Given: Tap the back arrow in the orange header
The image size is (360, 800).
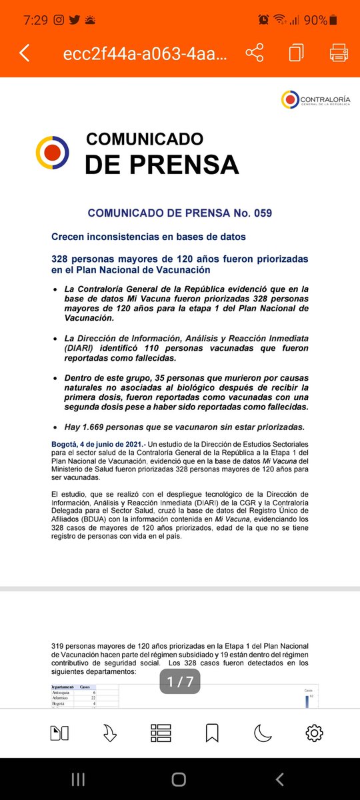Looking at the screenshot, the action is click(25, 53).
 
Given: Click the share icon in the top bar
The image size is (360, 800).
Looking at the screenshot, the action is click(255, 53).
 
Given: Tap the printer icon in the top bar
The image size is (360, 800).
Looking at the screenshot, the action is click(339, 53).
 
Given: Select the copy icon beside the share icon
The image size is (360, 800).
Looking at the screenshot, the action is click(297, 53).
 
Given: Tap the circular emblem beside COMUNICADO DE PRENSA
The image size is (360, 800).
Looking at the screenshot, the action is click(52, 153).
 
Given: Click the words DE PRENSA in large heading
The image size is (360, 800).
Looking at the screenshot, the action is click(161, 164).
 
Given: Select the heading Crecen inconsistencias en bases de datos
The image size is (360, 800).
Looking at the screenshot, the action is click(148, 237).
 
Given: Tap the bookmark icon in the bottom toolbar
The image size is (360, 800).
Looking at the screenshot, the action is click(212, 733).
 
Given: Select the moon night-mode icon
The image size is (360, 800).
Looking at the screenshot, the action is click(263, 733).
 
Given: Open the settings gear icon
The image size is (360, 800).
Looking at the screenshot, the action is click(314, 733).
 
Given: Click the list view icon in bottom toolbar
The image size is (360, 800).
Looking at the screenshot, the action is click(161, 733).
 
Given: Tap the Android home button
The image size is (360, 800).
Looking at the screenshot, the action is click(179, 779).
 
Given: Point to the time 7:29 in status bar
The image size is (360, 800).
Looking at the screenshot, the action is click(34, 20).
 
